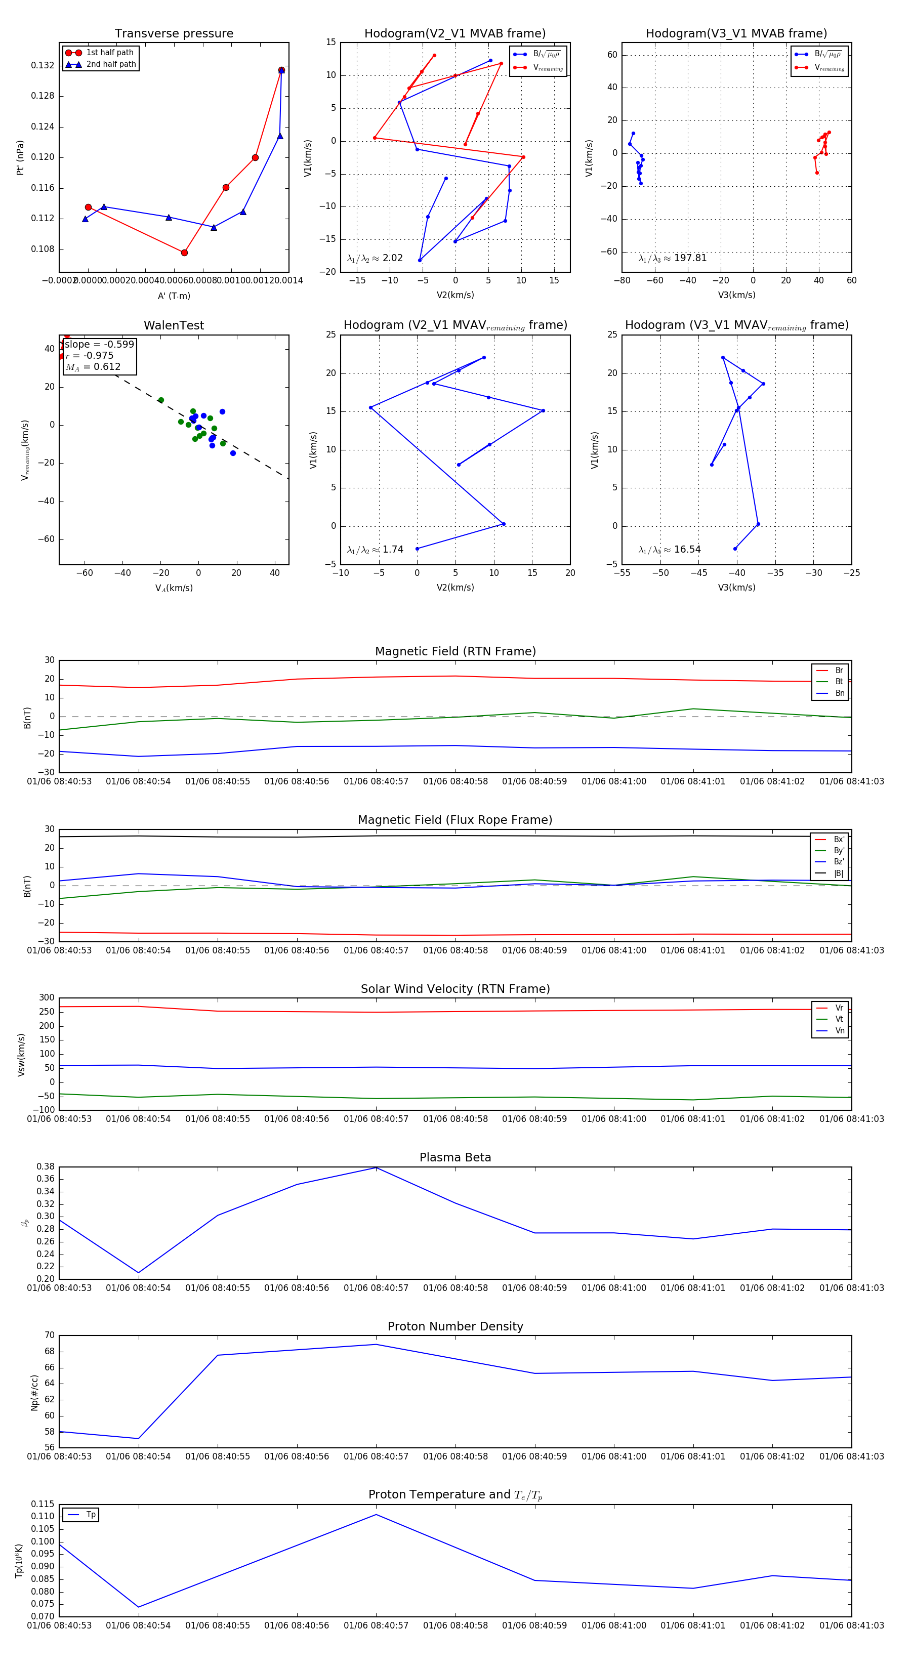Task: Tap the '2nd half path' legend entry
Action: tap(111, 64)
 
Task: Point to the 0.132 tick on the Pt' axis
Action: tap(43, 65)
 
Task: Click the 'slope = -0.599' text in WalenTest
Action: tap(99, 344)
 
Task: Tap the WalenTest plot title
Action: tap(174, 325)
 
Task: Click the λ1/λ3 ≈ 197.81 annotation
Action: tap(673, 258)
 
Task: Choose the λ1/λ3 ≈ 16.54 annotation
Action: tap(669, 550)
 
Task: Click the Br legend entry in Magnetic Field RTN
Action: tap(839, 671)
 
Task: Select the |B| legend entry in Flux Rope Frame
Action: tap(839, 873)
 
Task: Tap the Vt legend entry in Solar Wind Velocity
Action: tap(839, 1019)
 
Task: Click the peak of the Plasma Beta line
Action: tap(376, 1167)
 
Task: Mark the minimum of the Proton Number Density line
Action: tap(138, 1439)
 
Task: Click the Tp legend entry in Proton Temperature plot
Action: tap(90, 1515)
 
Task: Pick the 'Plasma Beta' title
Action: tap(455, 1158)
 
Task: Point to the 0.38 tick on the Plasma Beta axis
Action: tap(46, 1167)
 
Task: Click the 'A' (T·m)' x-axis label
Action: tap(174, 296)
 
